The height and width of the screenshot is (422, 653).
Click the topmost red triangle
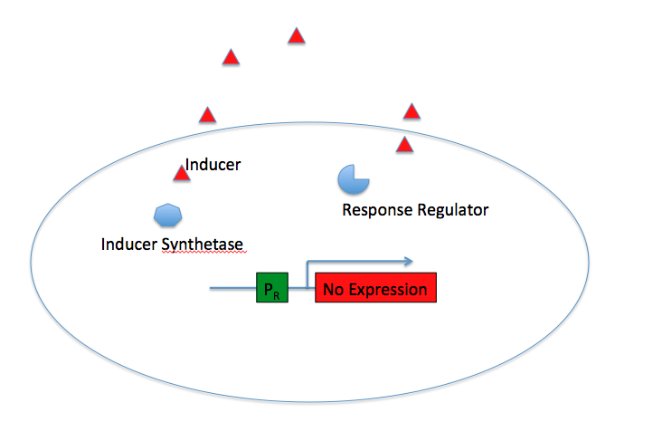point(296,37)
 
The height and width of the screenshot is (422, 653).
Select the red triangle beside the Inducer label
point(182,174)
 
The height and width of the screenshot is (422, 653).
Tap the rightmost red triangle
point(412,112)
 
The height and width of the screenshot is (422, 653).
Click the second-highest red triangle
point(231,58)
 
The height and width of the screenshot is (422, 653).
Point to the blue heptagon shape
point(168,216)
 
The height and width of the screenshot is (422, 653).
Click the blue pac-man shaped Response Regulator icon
point(352,179)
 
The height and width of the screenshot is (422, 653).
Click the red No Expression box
point(375,288)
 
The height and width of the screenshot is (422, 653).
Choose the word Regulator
point(452,211)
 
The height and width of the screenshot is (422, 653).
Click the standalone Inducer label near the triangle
point(213,165)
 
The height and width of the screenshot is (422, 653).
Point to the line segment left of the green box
point(232,288)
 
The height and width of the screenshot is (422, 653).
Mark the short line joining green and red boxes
point(301,288)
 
